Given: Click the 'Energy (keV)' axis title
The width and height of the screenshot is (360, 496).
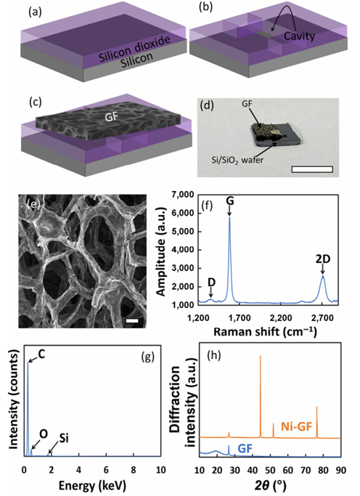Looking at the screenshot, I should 92,484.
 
